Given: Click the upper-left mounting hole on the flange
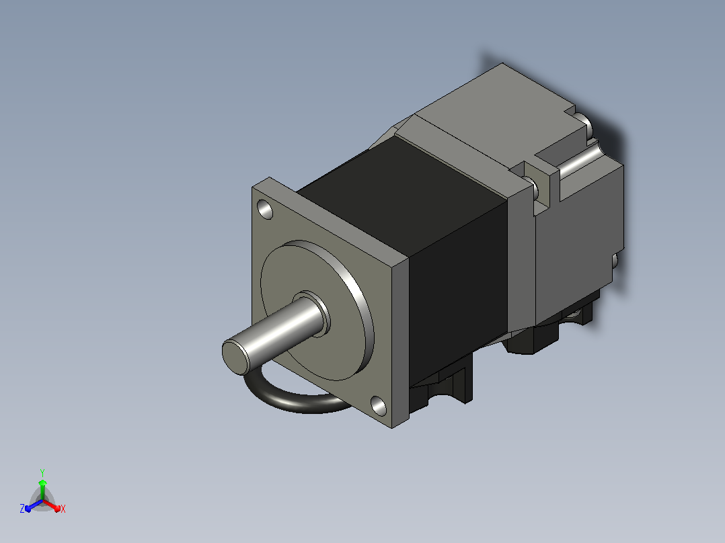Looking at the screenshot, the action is [x=266, y=210].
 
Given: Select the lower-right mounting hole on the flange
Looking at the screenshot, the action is [x=379, y=406].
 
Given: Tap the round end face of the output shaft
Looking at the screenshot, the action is [x=236, y=357].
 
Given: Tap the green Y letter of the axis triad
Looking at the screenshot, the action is [x=42, y=473].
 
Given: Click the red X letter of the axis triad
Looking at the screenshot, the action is [x=63, y=509].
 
